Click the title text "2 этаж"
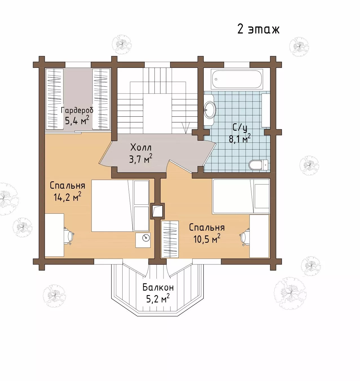[259, 29]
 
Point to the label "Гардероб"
[77, 110]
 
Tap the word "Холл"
[141, 147]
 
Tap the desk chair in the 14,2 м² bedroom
[69, 236]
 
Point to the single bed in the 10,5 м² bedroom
[241, 196]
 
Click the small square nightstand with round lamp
[143, 240]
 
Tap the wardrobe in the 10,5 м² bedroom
[170, 239]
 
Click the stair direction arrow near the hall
[186, 128]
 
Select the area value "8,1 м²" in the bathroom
[240, 138]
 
